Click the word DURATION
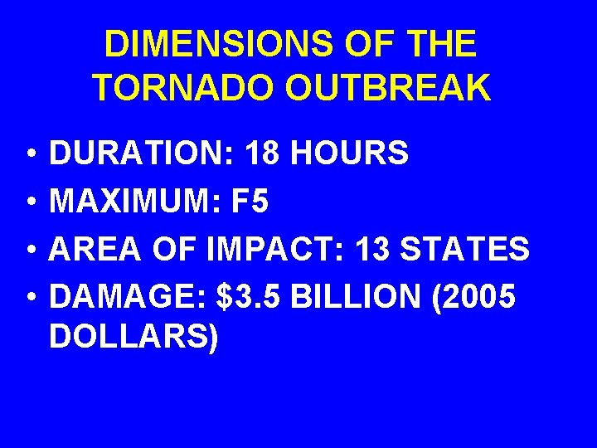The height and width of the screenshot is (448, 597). [129, 153]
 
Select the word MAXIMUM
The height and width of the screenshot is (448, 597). [124, 201]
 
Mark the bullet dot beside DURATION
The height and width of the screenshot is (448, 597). [29, 155]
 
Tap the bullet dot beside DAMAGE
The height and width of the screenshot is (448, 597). [29, 297]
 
